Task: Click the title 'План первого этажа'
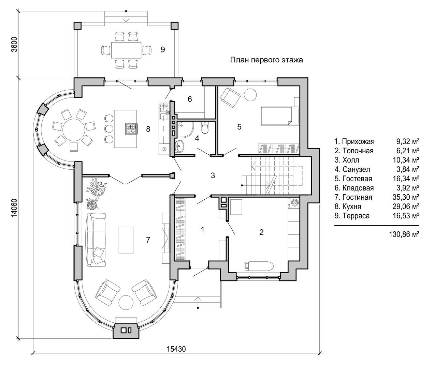click(266, 60)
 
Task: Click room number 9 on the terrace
click(163, 50)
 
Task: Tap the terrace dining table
click(126, 50)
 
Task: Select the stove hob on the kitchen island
click(131, 128)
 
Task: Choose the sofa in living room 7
click(96, 240)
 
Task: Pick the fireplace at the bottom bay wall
click(126, 331)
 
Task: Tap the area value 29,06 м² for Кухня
click(406, 206)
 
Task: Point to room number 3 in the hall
click(213, 175)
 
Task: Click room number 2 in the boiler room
click(261, 232)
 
